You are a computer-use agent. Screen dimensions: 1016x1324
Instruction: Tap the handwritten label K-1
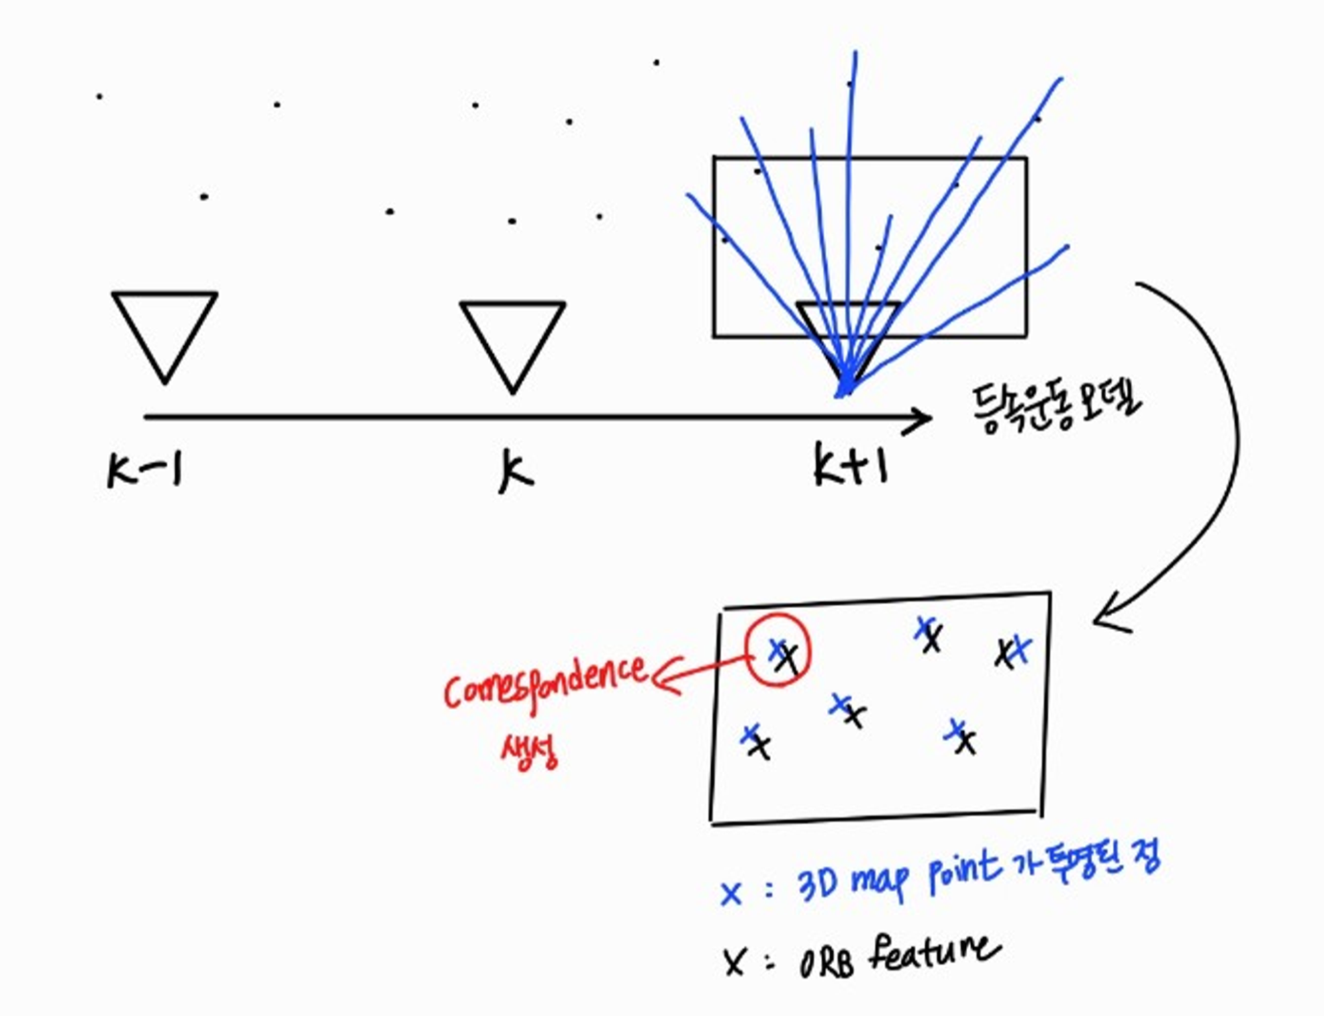145,470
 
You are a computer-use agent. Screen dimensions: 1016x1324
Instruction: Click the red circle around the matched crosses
778,650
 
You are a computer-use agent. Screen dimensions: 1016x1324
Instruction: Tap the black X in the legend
734,961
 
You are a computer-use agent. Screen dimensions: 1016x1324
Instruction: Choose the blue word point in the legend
963,870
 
